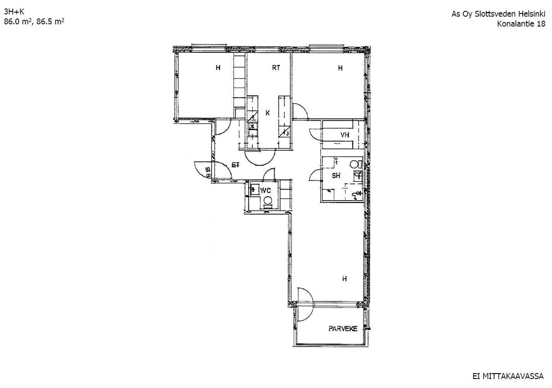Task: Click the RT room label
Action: [276, 68]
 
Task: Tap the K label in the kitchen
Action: [268, 113]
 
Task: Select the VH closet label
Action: [345, 135]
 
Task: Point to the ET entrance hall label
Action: [236, 165]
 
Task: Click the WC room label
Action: [265, 190]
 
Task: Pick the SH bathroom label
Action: [336, 176]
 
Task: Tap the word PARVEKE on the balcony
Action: [343, 329]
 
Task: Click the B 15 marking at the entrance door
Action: [208, 172]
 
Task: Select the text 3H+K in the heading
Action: [14, 12]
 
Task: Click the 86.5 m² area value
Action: [50, 22]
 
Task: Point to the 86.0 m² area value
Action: [18, 22]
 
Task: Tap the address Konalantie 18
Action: [521, 24]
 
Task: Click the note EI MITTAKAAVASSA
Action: [508, 376]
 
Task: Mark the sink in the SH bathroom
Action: [358, 176]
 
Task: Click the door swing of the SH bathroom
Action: [314, 176]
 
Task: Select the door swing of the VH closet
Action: [315, 135]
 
